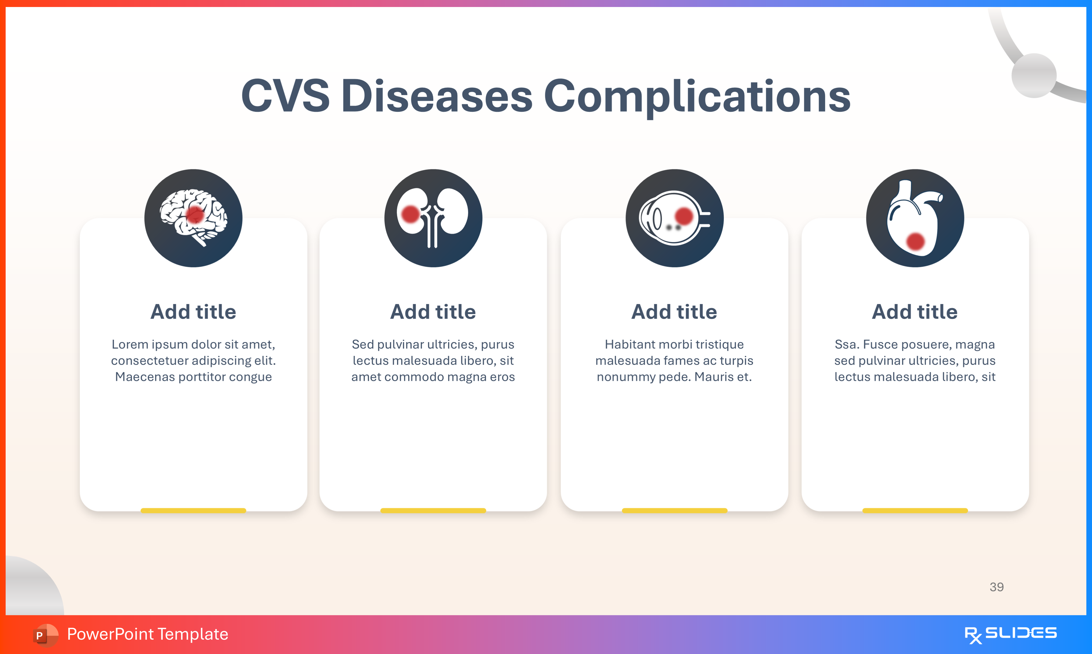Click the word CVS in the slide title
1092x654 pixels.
coord(285,96)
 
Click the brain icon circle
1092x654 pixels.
coord(193,218)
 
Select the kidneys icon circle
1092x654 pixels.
coord(433,218)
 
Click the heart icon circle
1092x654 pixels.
coord(915,218)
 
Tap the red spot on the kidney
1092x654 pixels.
coord(410,214)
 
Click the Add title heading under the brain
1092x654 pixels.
coord(193,312)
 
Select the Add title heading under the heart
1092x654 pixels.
coord(915,312)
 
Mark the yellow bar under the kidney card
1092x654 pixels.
coord(433,510)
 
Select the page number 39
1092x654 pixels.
coord(997,587)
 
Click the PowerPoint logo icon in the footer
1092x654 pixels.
coord(45,635)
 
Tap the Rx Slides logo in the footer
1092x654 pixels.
coord(1011,634)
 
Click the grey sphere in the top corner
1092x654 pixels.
coord(1034,75)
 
